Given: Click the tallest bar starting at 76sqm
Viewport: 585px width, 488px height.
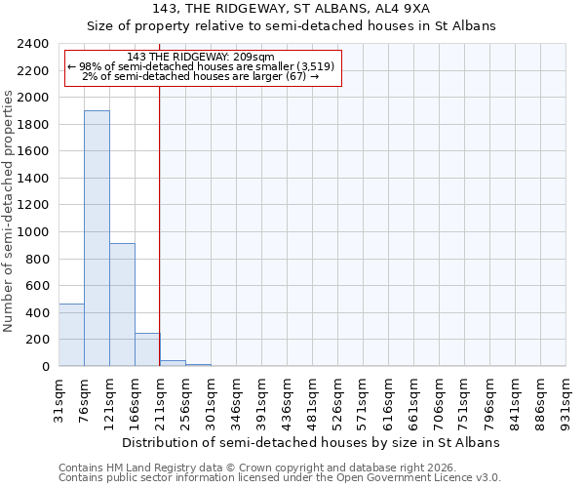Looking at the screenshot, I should [97, 238].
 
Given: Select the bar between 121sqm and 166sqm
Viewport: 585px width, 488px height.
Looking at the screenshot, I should [122, 305].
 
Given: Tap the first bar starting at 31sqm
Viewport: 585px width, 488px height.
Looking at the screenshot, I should [71, 335].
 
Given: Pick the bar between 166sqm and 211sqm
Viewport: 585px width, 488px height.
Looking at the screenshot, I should [147, 349].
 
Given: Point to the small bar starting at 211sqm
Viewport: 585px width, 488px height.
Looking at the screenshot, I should [173, 363].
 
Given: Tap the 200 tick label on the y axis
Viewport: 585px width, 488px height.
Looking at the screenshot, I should [36, 340].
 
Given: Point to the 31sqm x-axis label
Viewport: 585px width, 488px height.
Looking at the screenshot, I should [59, 398].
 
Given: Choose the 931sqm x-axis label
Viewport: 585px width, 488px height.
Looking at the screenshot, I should [566, 398].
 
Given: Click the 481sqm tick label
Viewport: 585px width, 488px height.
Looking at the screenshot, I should [313, 398].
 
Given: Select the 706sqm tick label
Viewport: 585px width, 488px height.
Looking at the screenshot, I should [440, 398].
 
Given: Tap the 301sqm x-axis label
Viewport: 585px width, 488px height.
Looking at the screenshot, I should [212, 398].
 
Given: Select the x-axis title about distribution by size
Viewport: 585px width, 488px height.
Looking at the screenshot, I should [312, 442].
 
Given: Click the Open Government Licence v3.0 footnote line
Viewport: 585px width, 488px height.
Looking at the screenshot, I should [280, 478].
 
